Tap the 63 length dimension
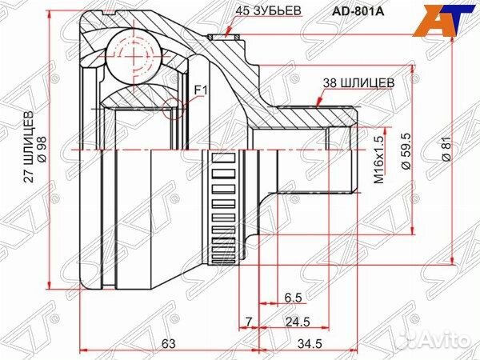point(168,343)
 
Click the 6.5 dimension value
point(294,298)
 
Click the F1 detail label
point(200,90)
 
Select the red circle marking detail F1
point(173,106)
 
